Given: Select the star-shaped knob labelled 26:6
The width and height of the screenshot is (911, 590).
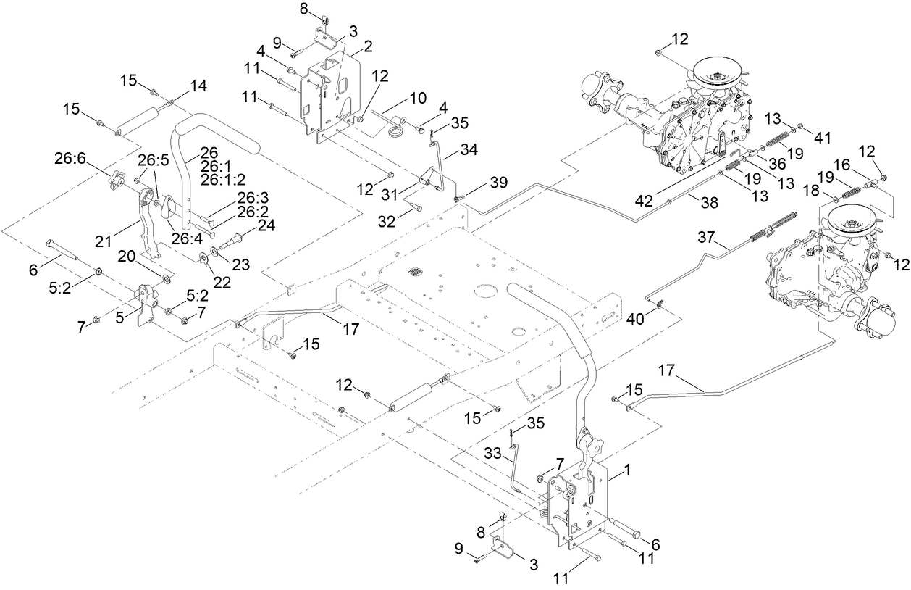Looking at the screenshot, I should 117,180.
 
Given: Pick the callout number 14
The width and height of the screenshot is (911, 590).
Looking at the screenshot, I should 198,86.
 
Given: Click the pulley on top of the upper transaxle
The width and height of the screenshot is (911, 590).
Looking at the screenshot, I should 720,72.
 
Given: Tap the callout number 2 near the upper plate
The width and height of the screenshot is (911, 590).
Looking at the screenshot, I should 367,46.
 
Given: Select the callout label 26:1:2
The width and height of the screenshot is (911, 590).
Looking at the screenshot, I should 225,179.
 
